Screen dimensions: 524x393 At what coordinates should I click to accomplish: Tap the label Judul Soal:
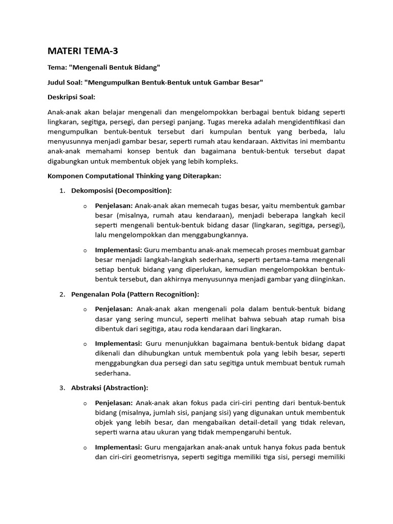click(64, 82)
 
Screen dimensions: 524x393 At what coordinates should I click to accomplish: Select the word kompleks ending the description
click(223, 161)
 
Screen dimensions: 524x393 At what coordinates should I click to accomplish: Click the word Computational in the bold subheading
click(112, 175)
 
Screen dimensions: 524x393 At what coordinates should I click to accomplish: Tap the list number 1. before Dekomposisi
click(62, 190)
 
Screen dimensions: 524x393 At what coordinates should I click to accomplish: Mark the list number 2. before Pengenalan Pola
click(62, 294)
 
